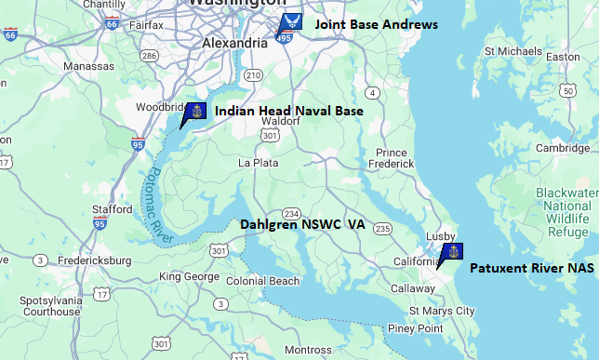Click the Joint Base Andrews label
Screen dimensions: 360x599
coord(376,24)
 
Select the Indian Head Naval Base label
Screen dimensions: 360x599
coord(288,111)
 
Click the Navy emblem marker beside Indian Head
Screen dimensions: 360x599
coord(194,113)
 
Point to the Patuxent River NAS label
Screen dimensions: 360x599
coord(531,268)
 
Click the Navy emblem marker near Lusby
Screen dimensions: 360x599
coord(452,252)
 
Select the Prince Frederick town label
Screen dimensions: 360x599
coord(392,158)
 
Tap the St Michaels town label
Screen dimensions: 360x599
coord(513,50)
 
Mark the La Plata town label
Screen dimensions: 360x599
coord(259,163)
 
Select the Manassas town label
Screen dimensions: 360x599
coord(89,67)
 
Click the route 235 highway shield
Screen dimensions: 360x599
coord(382,229)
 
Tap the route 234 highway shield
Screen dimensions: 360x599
coord(291,214)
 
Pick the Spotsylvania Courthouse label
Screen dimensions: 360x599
coord(51,307)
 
